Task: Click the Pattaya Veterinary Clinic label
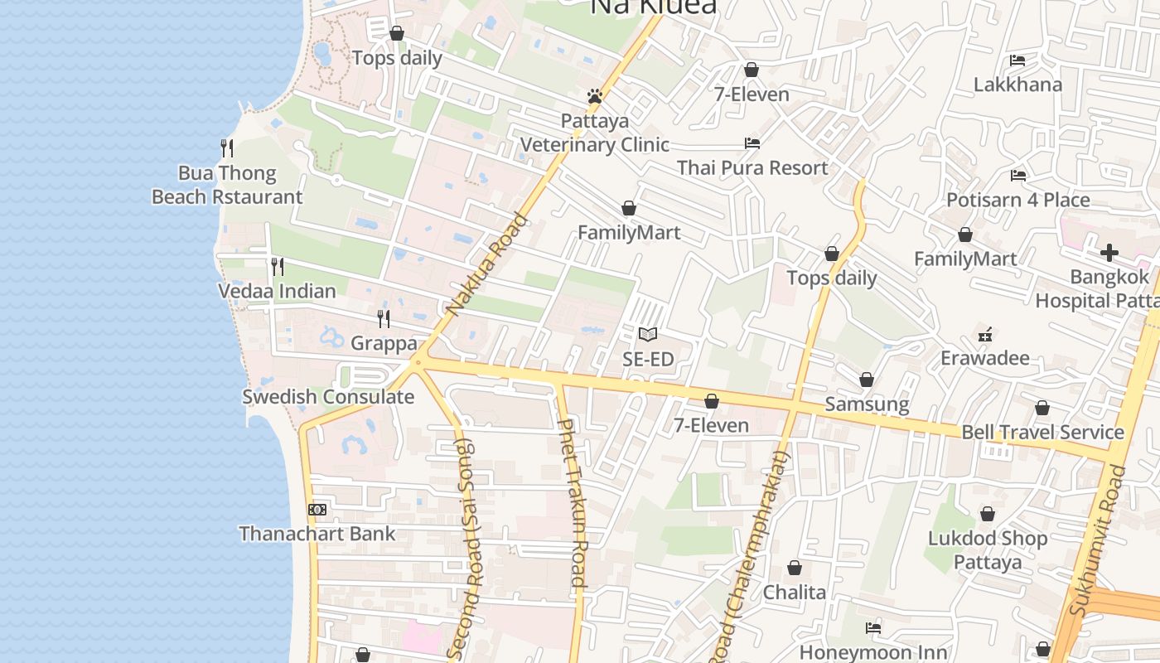(594, 133)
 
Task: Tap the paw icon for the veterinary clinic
(594, 96)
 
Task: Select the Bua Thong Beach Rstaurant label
(227, 185)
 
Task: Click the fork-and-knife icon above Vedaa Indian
(278, 267)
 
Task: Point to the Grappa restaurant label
(384, 343)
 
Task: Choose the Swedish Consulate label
(328, 397)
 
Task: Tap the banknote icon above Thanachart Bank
(317, 510)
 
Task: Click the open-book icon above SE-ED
(648, 335)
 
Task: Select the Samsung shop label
(867, 404)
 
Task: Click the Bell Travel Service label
(1042, 433)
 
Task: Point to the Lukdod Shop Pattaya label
(988, 550)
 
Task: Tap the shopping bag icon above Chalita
(795, 568)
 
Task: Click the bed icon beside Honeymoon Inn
(873, 628)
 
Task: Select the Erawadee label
(985, 359)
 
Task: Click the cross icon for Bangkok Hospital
(1109, 253)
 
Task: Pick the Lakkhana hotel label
(1017, 85)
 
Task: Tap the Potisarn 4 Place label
(1018, 200)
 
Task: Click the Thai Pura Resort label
(752, 168)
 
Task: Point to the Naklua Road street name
(486, 265)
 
